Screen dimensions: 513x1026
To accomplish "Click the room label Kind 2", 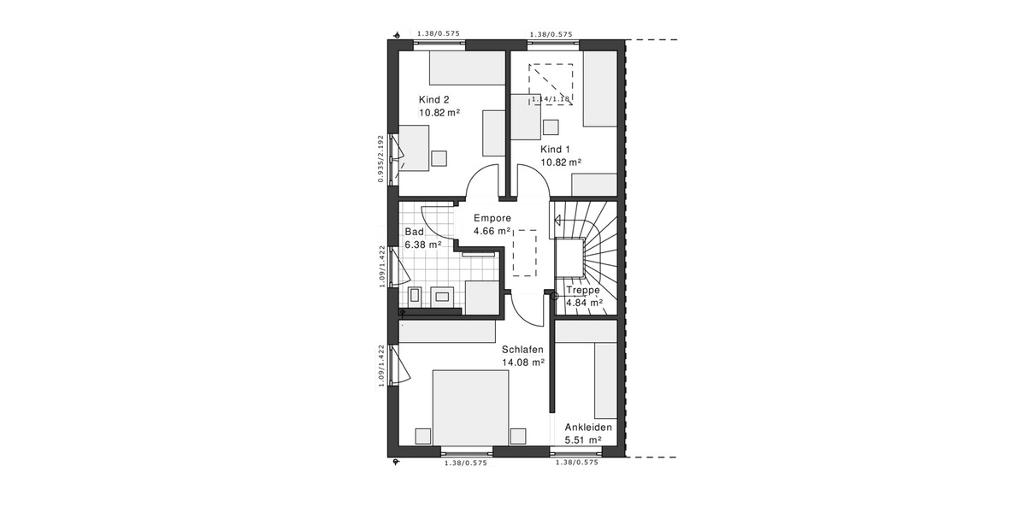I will [x=433, y=99].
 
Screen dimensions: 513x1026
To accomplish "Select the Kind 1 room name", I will [x=555, y=149].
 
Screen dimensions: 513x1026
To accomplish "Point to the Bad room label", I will [x=415, y=232].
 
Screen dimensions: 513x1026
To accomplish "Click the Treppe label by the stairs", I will [x=584, y=290].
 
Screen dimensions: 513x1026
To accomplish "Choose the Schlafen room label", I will [x=522, y=349].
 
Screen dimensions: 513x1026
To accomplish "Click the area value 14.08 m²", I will [x=524, y=362].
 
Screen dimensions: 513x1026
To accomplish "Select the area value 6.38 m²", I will [x=422, y=245].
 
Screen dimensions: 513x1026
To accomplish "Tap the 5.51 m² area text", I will [x=582, y=440].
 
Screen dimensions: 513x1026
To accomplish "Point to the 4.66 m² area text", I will [x=492, y=231].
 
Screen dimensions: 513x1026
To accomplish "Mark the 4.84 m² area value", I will [x=584, y=302].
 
